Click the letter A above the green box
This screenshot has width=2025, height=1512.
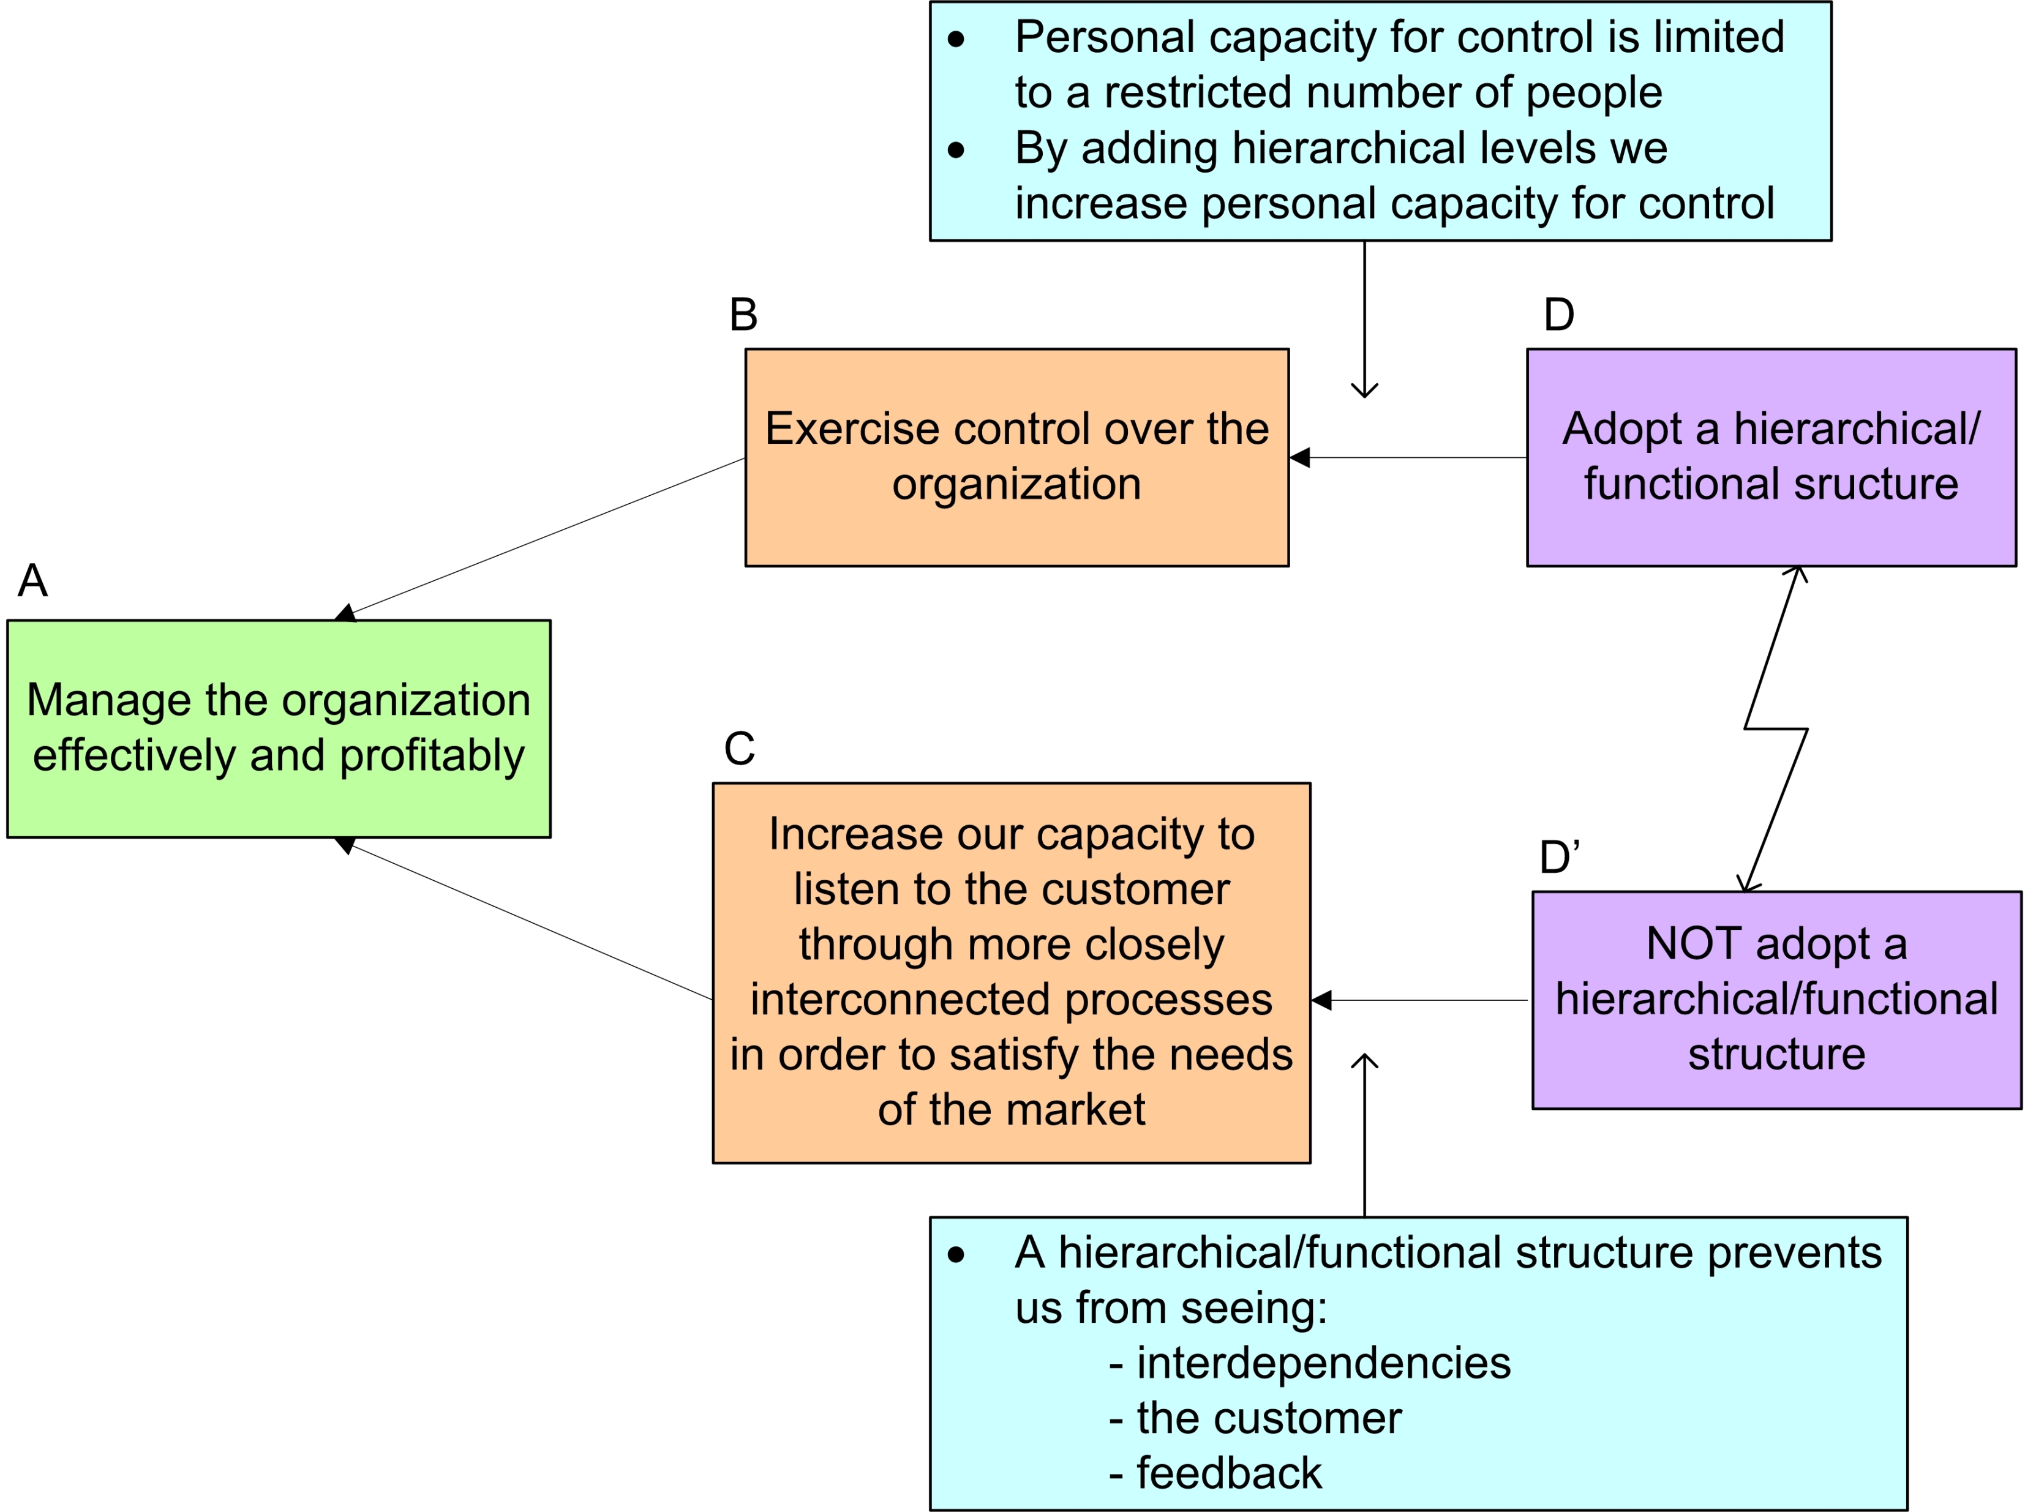33,580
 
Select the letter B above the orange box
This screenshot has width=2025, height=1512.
743,315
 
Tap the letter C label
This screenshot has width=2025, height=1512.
738,749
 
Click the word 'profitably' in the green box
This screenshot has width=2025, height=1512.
432,756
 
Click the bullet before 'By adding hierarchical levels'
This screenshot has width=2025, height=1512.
956,149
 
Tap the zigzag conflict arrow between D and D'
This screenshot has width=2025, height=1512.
1776,730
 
